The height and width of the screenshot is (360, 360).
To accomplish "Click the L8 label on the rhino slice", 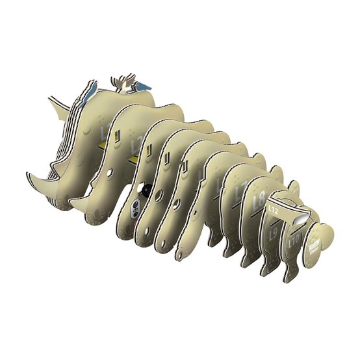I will click(258, 199).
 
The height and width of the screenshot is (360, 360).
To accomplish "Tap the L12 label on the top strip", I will click(274, 211).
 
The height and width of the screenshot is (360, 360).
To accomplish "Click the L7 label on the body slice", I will click(240, 190).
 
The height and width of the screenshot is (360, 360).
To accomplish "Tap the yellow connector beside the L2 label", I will click(133, 159).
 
